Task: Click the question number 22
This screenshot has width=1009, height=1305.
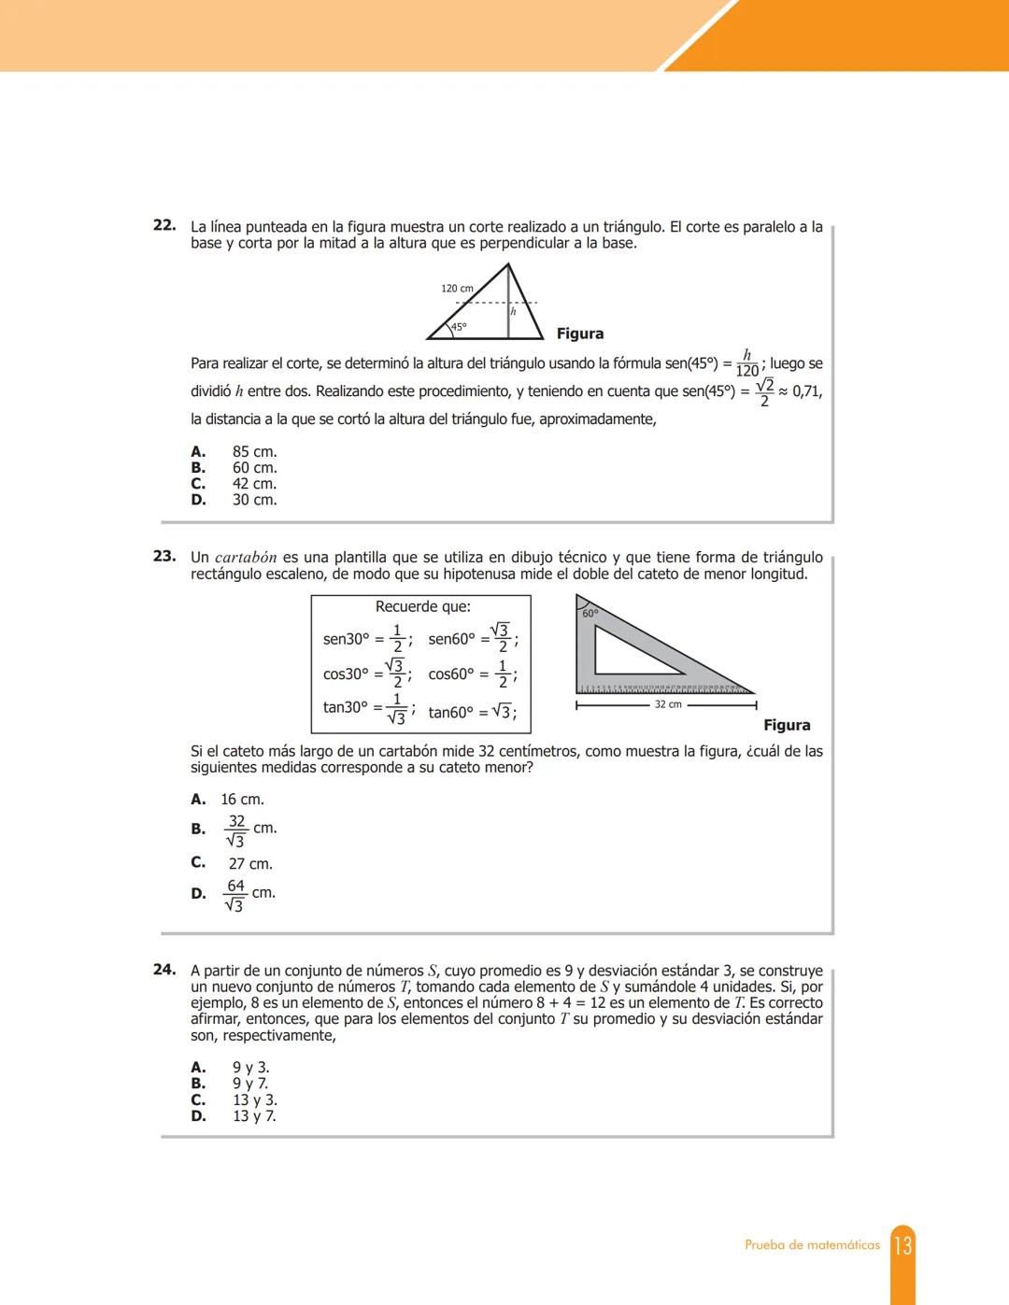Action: coord(164,225)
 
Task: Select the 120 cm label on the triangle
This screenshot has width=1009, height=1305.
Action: coord(457,289)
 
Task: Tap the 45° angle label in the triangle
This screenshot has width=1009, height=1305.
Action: coord(459,327)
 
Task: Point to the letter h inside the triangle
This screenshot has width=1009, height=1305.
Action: coord(513,312)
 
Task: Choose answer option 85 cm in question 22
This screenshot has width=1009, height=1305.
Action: coord(253,452)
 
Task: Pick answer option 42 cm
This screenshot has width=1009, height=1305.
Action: coord(253,484)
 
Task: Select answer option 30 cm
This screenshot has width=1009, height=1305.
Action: coord(253,500)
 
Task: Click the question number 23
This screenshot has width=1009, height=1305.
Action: coord(164,556)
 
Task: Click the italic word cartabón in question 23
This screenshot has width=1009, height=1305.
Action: coord(246,558)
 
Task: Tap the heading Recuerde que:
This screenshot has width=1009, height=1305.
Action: coord(422,607)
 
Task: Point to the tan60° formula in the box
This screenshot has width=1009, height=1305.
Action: coord(472,712)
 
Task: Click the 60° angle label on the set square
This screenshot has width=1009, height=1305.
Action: coord(590,614)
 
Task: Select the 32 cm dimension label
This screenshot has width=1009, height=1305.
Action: coord(668,704)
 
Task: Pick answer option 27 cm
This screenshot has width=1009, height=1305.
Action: coord(249,864)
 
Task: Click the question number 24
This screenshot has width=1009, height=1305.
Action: coord(164,970)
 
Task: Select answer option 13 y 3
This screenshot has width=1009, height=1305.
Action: coord(254,1100)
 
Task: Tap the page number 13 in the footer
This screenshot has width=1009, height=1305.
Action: coord(902,1245)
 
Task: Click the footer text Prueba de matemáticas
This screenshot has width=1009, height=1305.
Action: coord(812,1245)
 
